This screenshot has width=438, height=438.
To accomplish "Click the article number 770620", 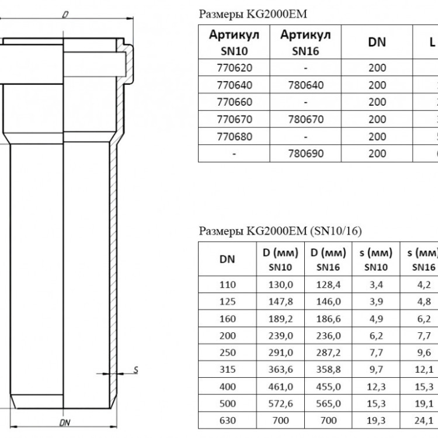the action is [x=234, y=68].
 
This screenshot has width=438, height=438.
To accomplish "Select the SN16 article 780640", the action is [x=305, y=85].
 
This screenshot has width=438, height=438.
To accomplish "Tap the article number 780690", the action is [x=305, y=154].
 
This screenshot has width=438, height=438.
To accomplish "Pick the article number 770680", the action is [x=234, y=137].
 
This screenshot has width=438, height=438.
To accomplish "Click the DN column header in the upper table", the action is [x=377, y=42].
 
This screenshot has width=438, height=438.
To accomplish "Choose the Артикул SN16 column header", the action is [x=305, y=43].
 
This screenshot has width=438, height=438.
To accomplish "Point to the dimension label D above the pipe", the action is [x=65, y=15].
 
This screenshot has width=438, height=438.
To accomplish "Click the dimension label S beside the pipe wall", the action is [x=135, y=370].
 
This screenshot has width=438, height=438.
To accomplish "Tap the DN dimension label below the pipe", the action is [x=65, y=423].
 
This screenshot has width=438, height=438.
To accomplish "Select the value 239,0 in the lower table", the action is [x=280, y=335].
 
